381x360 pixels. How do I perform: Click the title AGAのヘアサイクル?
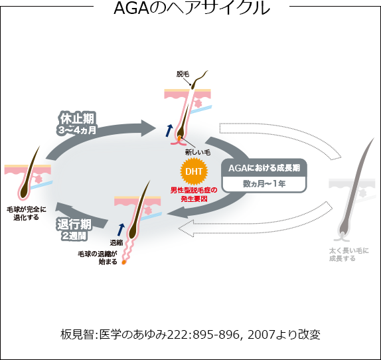click(192, 8)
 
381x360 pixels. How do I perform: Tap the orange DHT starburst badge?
click(194, 171)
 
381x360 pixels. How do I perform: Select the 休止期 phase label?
click(77, 119)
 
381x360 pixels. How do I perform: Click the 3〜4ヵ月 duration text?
click(77, 130)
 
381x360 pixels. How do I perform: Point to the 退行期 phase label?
click(74, 225)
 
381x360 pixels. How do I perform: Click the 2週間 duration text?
click(74, 236)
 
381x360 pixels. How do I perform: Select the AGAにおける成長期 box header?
click(264, 168)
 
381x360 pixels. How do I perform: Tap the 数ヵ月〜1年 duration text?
click(264, 184)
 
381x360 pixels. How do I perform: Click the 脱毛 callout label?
click(183, 74)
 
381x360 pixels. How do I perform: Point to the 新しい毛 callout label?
click(198, 152)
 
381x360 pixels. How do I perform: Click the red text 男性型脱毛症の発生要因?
click(194, 195)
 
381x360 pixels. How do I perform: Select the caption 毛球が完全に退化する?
click(27, 213)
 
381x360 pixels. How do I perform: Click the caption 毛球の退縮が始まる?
click(98, 258)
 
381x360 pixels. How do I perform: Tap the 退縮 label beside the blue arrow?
click(116, 242)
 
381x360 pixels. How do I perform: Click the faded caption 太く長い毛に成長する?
click(349, 254)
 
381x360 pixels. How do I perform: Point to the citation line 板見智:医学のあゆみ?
click(190, 335)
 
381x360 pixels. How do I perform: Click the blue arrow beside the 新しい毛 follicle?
click(169, 131)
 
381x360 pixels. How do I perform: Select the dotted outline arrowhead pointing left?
click(187, 228)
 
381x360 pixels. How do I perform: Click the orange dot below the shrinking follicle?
click(124, 262)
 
